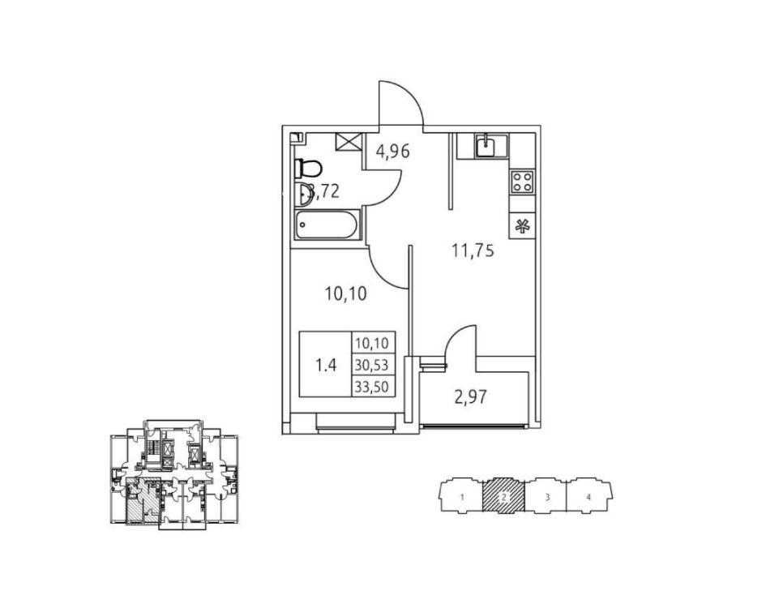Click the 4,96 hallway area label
pyautogui.click(x=393, y=151)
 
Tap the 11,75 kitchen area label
pyautogui.click(x=473, y=251)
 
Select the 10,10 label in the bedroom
pyautogui.click(x=345, y=294)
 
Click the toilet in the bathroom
pyautogui.click(x=308, y=169)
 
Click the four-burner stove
pyautogui.click(x=521, y=182)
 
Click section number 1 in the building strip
pyautogui.click(x=461, y=497)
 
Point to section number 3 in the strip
pyautogui.click(x=548, y=497)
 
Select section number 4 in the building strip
pyautogui.click(x=589, y=497)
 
